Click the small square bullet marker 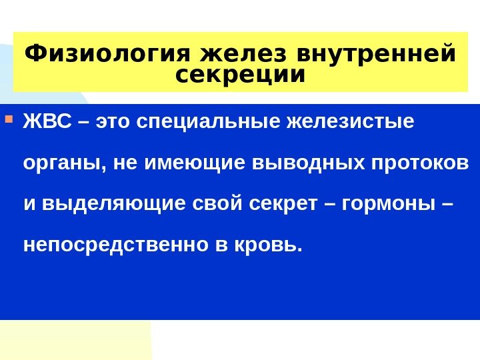(9, 121)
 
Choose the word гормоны (383, 204)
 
